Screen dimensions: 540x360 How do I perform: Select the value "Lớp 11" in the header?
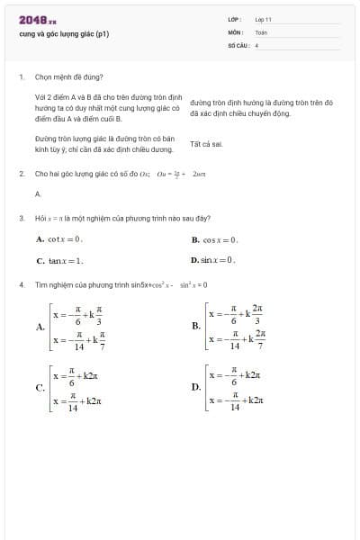tap(263, 18)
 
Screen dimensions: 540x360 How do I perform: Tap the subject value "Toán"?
tap(260, 31)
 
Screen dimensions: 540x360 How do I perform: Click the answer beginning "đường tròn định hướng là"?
tap(261, 108)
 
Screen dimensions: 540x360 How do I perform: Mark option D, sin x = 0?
tap(213, 260)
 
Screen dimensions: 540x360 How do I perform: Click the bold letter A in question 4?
tap(40, 327)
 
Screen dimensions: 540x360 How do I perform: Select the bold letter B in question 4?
tap(196, 326)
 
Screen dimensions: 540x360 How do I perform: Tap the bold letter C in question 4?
tap(40, 388)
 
